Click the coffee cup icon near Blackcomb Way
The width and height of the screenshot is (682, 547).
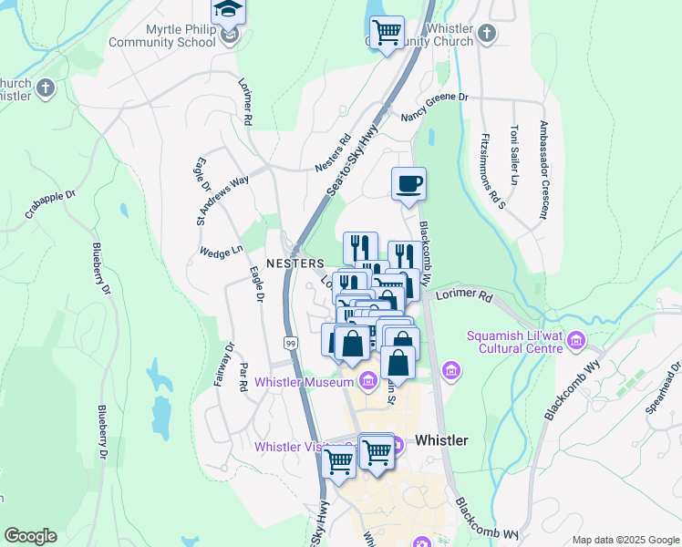[408, 183]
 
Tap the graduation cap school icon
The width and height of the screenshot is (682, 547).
[228, 11]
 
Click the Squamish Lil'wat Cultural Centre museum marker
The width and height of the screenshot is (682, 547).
[576, 342]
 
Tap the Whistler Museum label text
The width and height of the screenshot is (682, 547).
[303, 381]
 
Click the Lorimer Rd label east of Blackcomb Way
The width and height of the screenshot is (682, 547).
[463, 297]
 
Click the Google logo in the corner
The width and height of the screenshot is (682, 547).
[30, 536]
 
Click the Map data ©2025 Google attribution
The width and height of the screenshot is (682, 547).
[625, 540]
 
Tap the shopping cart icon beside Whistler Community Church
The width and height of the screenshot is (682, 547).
[387, 32]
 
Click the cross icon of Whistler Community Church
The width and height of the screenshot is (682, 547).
[487, 35]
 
